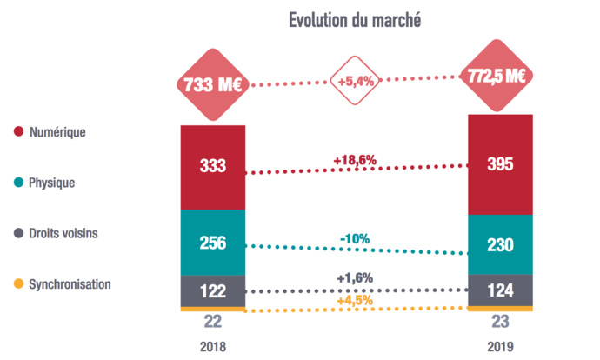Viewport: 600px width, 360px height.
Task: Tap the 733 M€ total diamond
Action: (213, 85)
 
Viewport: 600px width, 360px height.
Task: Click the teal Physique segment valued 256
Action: (213, 243)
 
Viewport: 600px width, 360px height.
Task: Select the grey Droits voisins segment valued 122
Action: (213, 290)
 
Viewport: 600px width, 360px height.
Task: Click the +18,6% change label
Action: (355, 160)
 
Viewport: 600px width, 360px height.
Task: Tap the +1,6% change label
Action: (355, 278)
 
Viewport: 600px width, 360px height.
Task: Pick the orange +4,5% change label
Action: (355, 301)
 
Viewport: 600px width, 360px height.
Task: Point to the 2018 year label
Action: (213, 346)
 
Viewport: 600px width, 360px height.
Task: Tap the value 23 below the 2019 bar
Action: (499, 323)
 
